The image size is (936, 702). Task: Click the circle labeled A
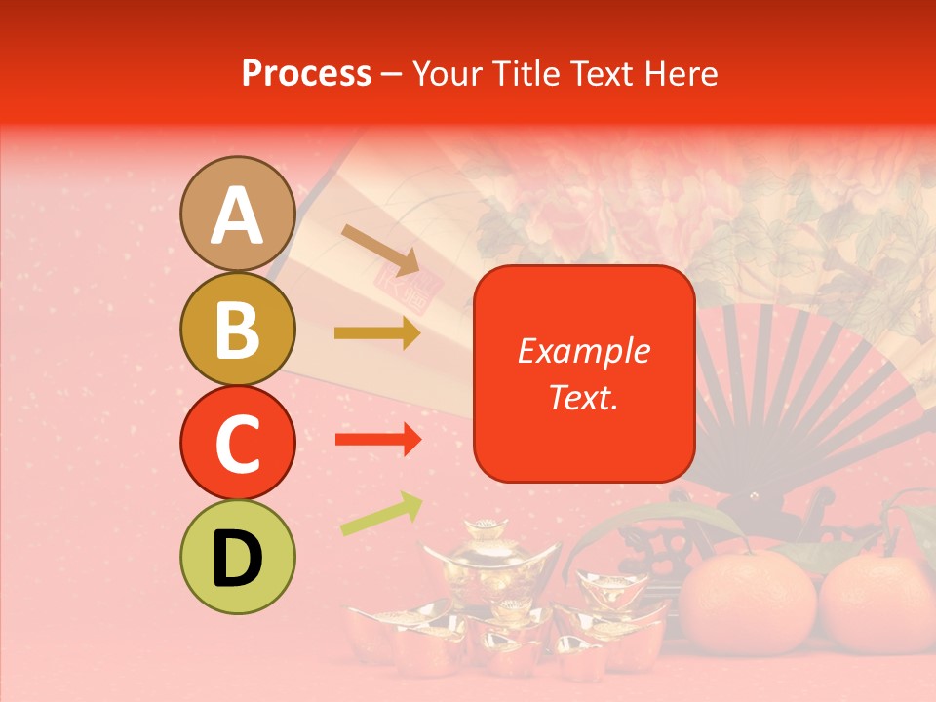pyautogui.click(x=238, y=214)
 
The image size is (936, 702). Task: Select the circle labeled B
pyautogui.click(x=238, y=329)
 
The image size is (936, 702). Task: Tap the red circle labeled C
pyautogui.click(x=238, y=443)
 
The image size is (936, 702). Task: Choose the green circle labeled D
pyautogui.click(x=238, y=557)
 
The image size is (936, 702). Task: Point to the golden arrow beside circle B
pyautogui.click(x=377, y=333)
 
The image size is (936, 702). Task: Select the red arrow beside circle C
pyautogui.click(x=377, y=441)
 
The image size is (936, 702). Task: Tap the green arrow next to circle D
pyautogui.click(x=381, y=514)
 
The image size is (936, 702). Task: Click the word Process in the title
pyautogui.click(x=306, y=73)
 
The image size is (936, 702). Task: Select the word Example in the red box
pyautogui.click(x=583, y=351)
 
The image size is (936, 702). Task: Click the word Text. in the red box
pyautogui.click(x=583, y=397)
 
